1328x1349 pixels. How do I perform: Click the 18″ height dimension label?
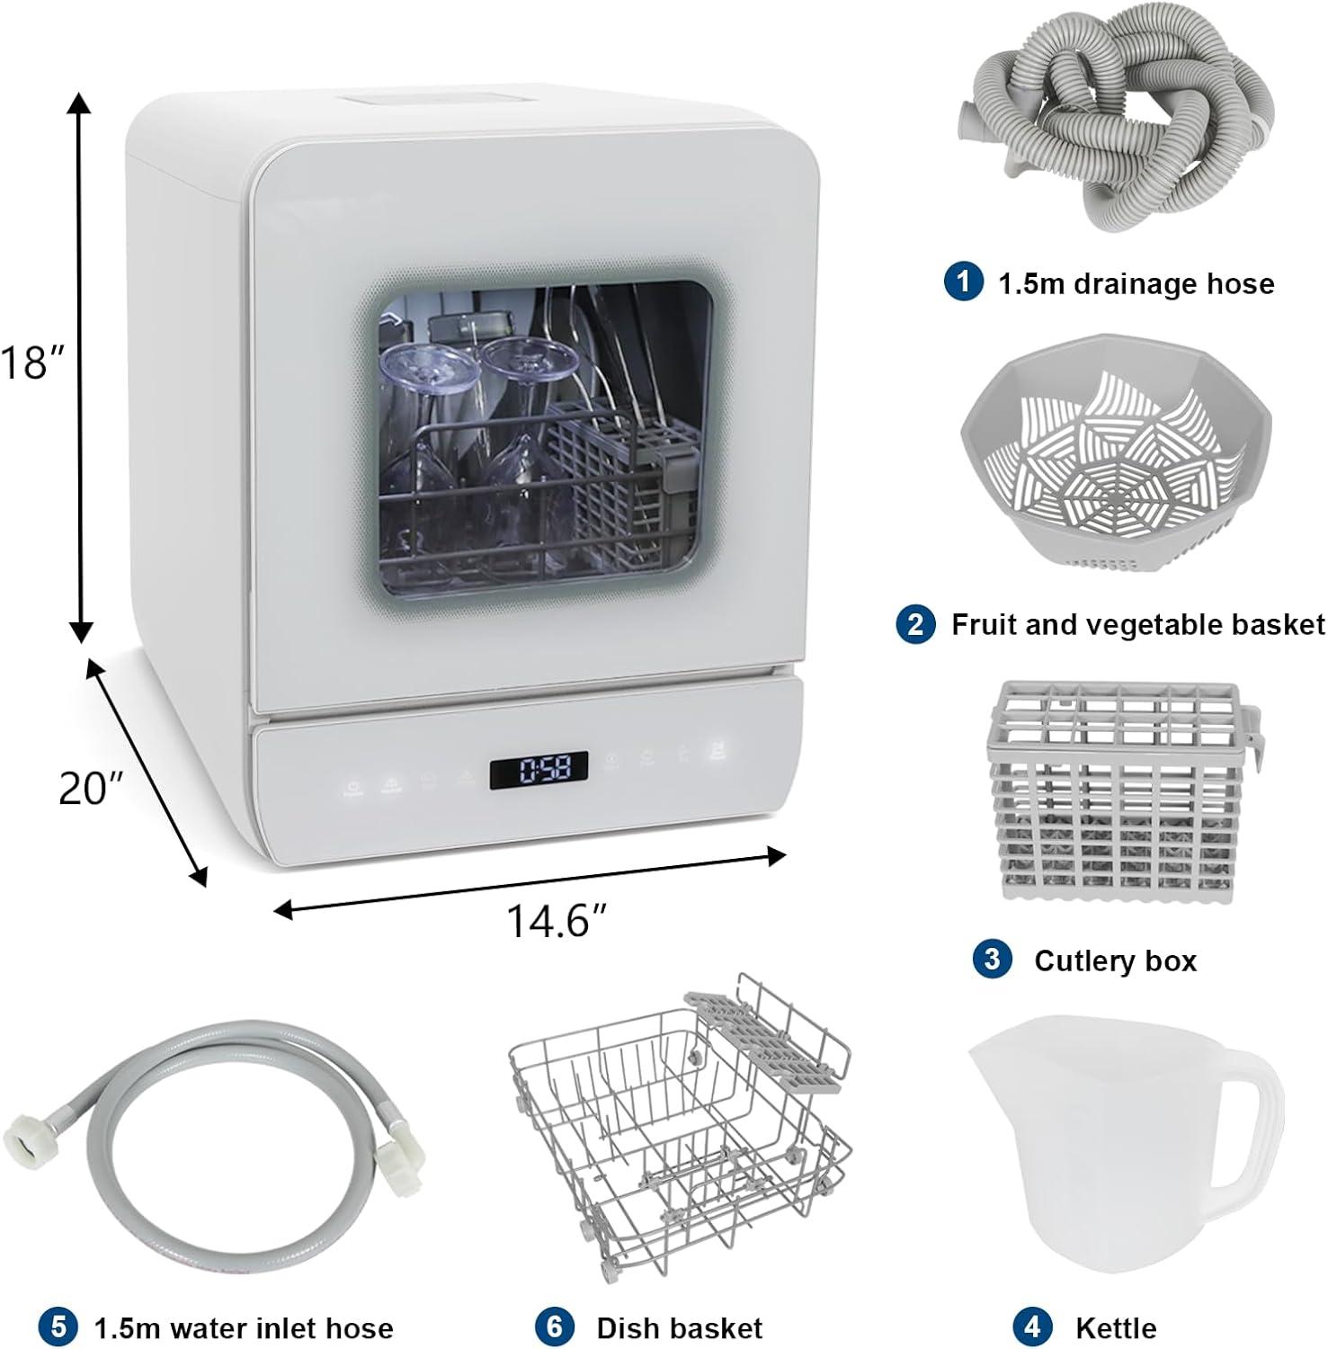(32, 362)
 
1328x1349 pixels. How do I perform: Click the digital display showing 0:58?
(539, 770)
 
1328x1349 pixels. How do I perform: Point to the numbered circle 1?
(963, 282)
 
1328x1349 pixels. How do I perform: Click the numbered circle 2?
(915, 623)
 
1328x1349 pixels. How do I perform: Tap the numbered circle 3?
(992, 959)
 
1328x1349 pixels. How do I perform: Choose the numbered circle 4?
(1032, 1326)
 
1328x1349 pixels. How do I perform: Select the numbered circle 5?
(57, 1327)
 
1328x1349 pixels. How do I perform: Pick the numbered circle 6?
(554, 1327)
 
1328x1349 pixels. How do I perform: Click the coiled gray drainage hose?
(1115, 126)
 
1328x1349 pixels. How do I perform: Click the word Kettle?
(1115, 1327)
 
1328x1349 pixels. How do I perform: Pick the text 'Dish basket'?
(679, 1327)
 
